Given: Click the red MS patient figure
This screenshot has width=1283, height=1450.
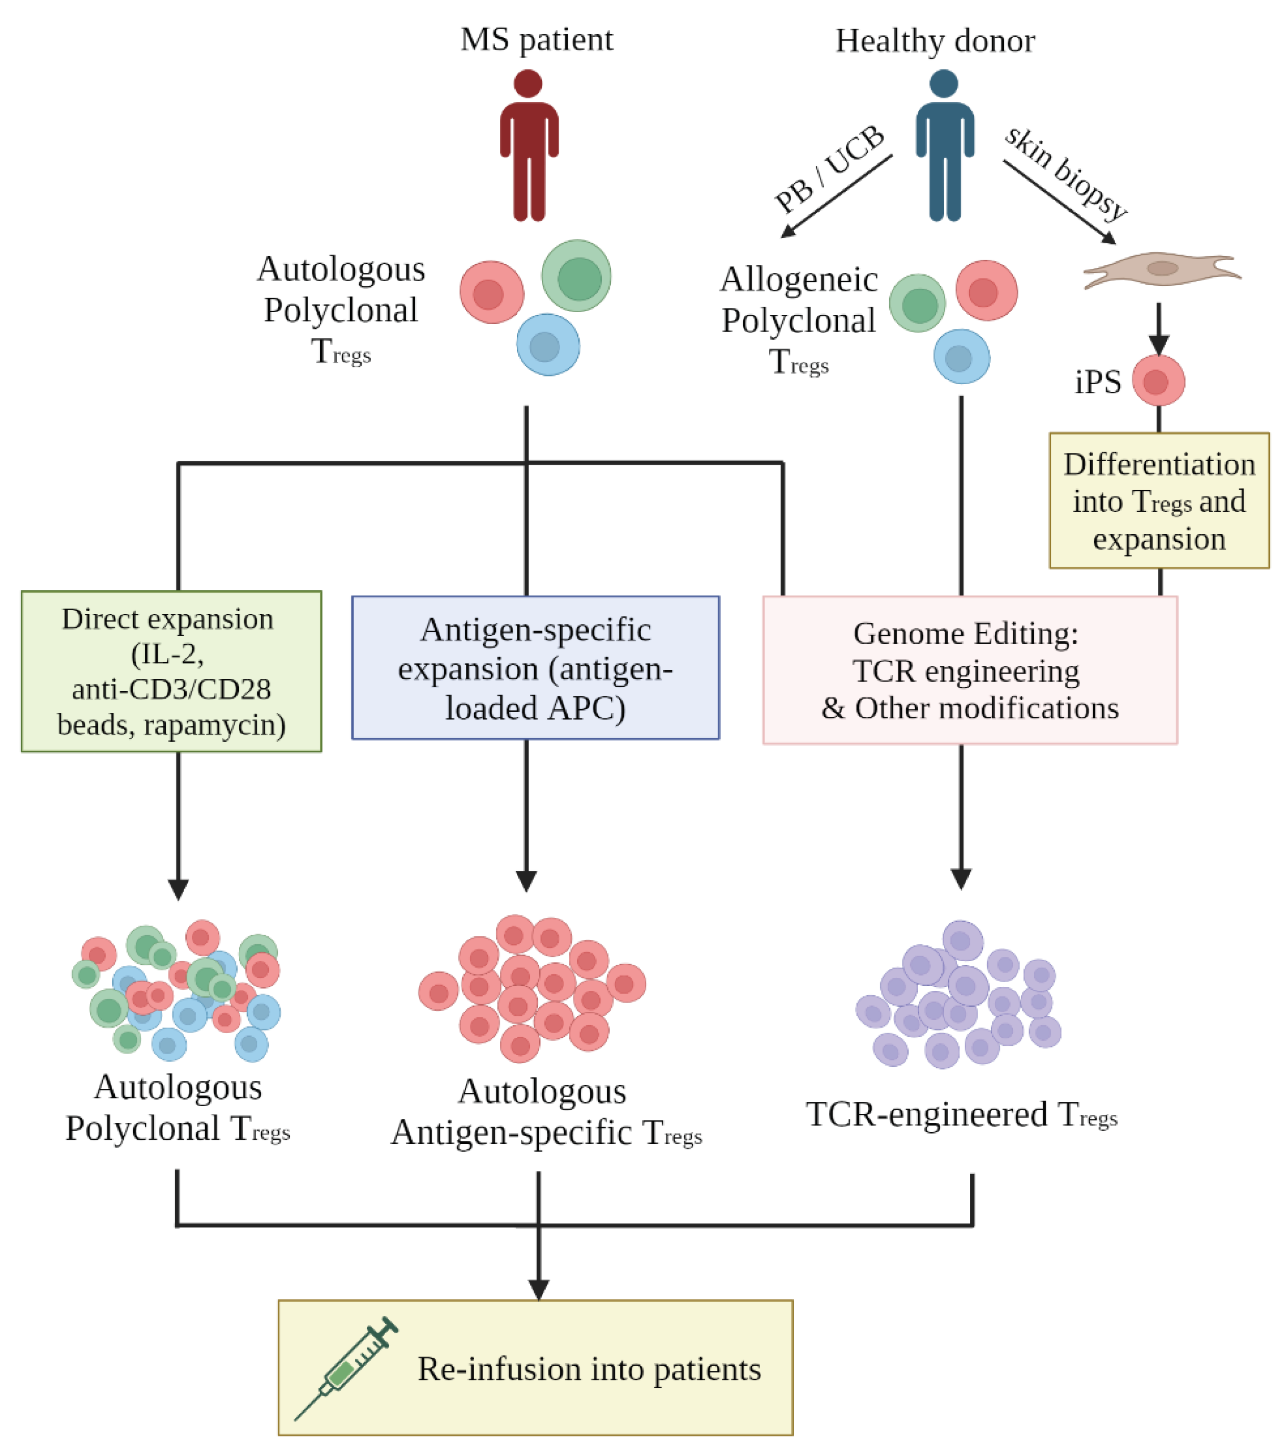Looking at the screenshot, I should click(529, 145).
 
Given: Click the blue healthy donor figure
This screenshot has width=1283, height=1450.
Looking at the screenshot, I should click(944, 145).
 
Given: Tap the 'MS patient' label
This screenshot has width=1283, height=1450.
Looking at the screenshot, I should click(536, 40).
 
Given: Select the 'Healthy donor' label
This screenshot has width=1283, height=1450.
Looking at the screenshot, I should click(935, 41).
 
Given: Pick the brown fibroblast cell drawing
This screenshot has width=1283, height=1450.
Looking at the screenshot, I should click(1162, 269).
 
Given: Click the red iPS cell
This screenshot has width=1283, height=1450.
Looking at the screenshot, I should click(1158, 381).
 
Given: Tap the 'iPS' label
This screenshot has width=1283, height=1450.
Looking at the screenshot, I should click(1097, 382).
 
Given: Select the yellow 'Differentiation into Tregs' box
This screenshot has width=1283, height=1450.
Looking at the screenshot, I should click(1159, 501).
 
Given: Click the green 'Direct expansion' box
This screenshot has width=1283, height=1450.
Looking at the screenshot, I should click(171, 671).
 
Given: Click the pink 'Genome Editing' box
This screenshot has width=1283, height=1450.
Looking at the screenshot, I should click(970, 670).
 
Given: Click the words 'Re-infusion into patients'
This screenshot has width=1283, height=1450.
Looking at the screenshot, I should click(589, 1369).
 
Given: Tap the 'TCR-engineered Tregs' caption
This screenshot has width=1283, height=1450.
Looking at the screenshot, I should click(961, 1114).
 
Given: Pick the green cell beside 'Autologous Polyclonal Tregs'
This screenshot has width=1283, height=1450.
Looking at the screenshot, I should click(576, 276).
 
